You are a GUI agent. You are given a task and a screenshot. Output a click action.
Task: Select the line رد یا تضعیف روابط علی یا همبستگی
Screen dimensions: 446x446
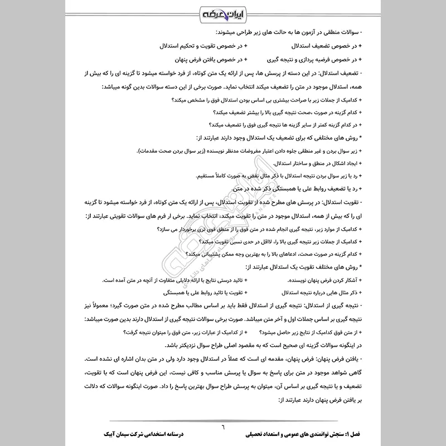pyautogui.click(x=298, y=190)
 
